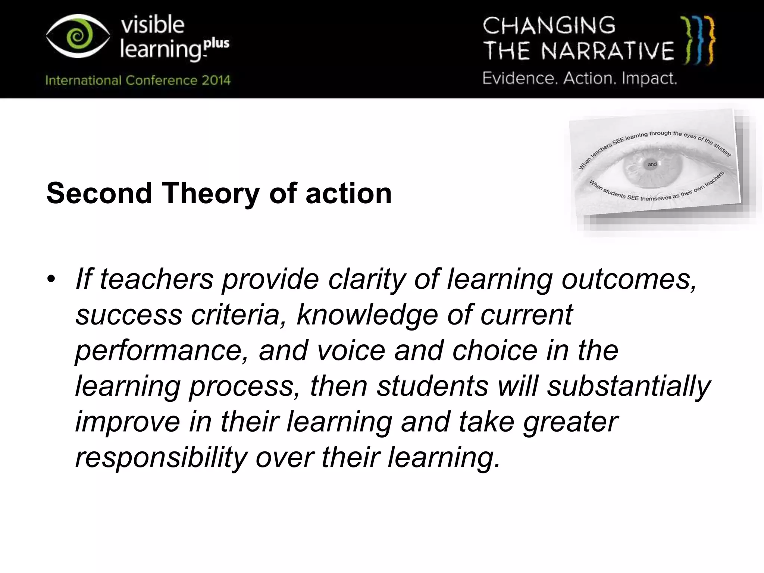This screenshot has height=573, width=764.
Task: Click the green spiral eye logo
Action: click(x=78, y=36)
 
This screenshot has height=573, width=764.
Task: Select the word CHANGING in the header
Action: click(x=549, y=26)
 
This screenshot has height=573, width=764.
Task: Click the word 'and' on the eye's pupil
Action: click(x=652, y=164)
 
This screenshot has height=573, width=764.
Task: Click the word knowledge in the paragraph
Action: click(x=367, y=314)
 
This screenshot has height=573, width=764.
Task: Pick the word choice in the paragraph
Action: click(x=495, y=350)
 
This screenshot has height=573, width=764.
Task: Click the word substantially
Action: click(x=629, y=386)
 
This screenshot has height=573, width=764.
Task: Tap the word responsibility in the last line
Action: click(x=161, y=457)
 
